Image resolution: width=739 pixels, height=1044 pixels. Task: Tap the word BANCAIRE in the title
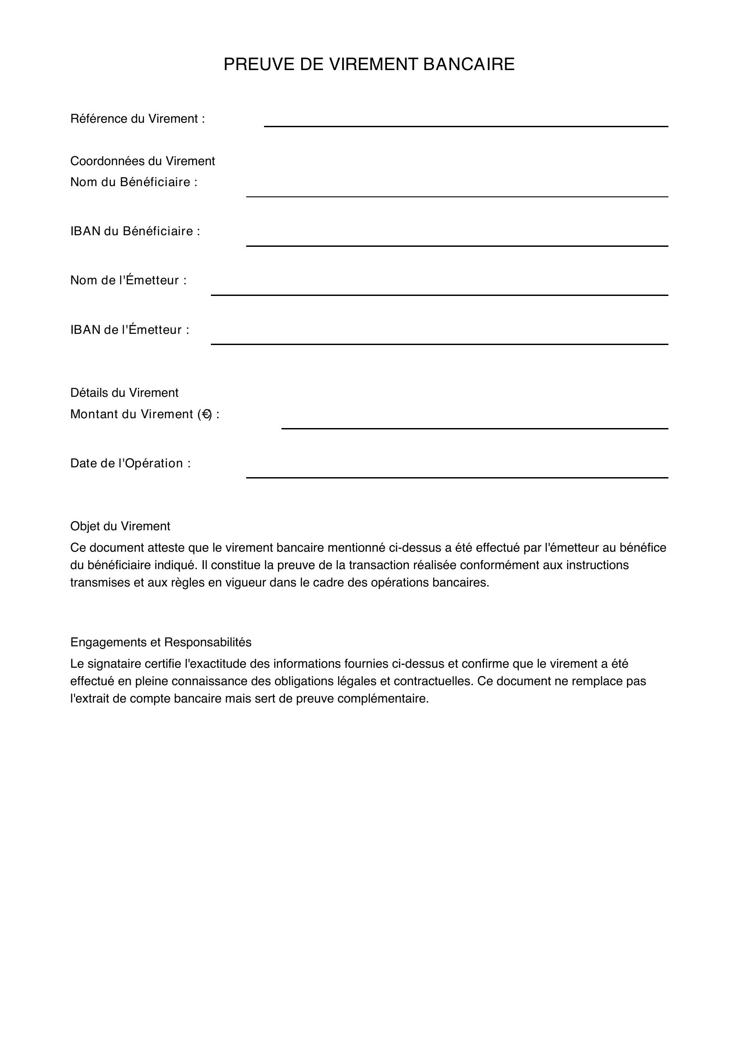pos(469,65)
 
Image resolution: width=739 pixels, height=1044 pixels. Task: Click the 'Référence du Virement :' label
pos(138,119)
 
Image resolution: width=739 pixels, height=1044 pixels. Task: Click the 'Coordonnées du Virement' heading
pos(143,161)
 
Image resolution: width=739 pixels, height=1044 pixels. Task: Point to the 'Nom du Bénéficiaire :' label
pos(134,183)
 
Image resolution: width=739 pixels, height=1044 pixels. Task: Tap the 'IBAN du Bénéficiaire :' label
pos(135,232)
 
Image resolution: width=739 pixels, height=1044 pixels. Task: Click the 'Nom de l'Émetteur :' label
pos(128,281)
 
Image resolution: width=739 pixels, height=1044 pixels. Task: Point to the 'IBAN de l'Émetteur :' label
pos(130,330)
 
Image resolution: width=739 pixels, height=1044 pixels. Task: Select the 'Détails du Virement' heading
pos(124,392)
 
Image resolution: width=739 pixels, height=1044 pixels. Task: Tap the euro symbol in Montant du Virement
pos(206,414)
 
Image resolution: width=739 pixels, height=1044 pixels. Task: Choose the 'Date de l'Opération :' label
pos(130,463)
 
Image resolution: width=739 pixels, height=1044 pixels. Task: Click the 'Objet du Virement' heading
pos(120,526)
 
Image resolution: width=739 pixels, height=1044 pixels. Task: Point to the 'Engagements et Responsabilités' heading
pos(161,642)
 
